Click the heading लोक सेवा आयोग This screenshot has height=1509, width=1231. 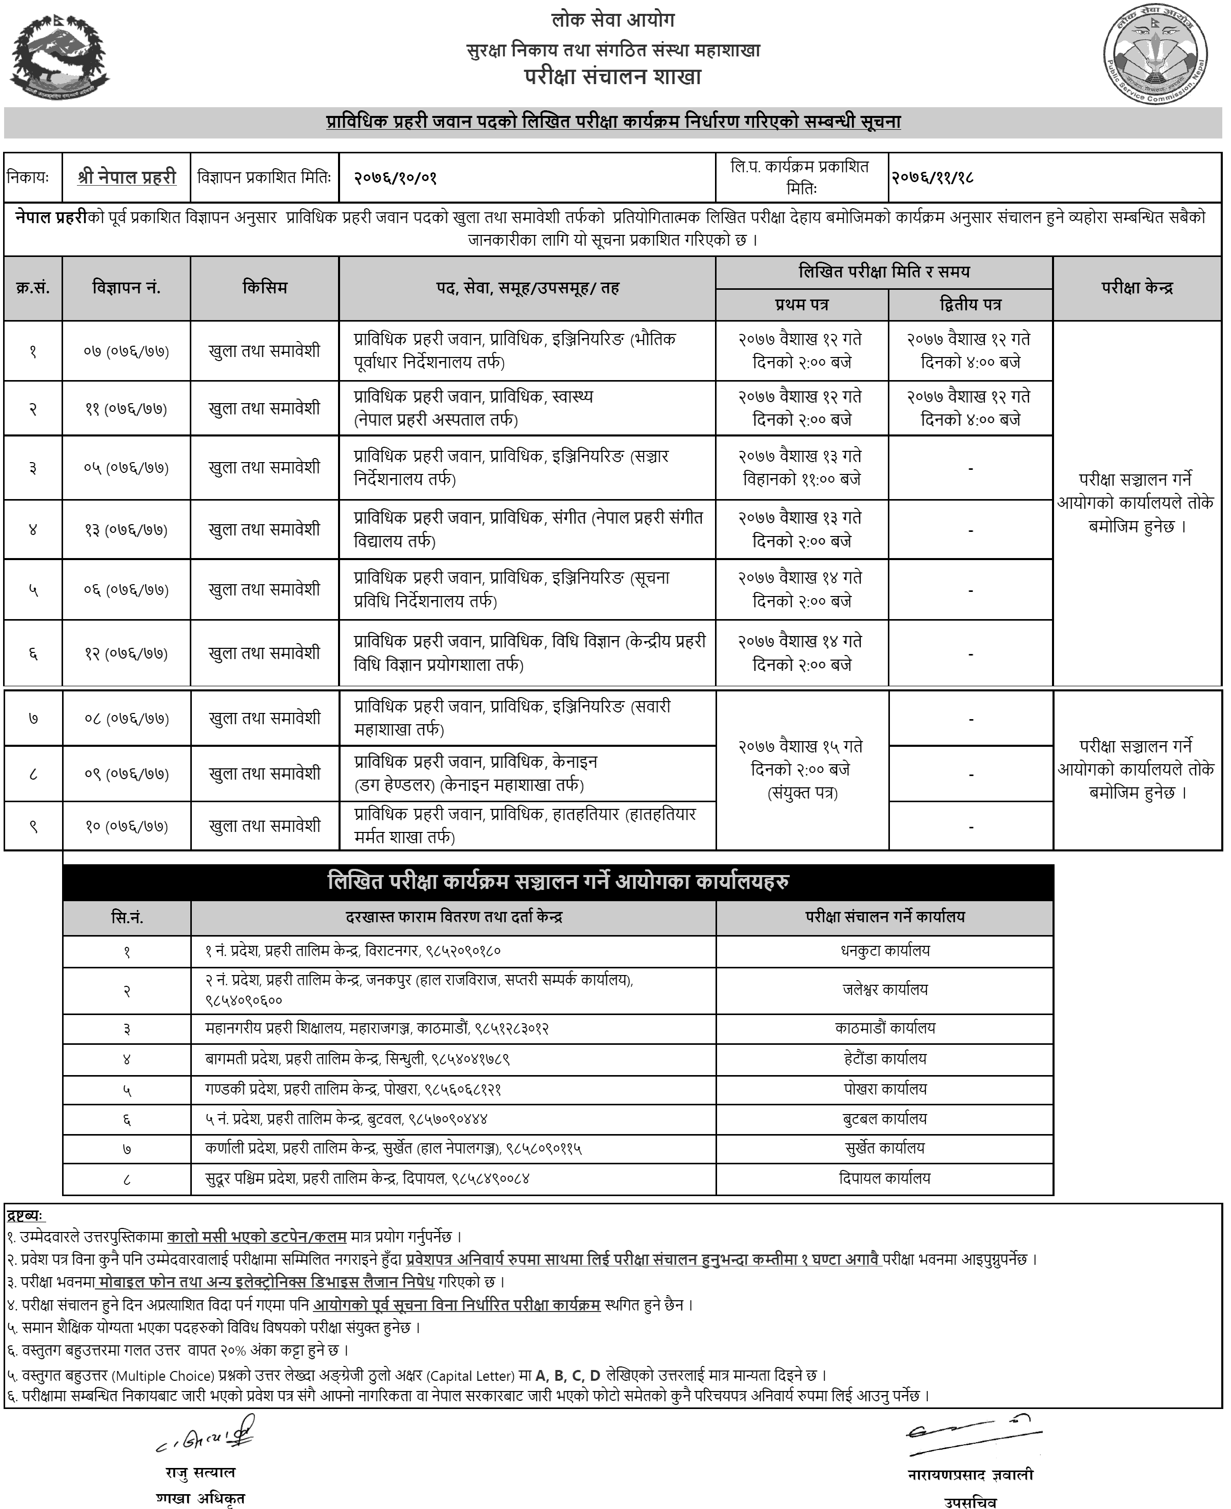click(x=613, y=20)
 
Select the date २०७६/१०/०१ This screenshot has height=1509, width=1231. click(x=395, y=177)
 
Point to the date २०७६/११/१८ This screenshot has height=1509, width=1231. click(x=932, y=177)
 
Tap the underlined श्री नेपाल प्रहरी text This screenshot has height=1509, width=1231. click(x=127, y=177)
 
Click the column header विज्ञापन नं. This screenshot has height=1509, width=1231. click(x=126, y=288)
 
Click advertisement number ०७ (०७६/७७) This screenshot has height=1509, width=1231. click(x=126, y=351)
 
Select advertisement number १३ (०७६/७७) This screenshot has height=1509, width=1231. click(x=126, y=530)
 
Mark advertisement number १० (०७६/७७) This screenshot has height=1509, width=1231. click(x=126, y=826)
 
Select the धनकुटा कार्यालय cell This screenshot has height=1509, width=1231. click(x=884, y=951)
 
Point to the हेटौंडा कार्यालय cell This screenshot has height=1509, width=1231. click(x=884, y=1059)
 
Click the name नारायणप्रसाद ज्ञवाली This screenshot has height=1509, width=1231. click(x=970, y=1474)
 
